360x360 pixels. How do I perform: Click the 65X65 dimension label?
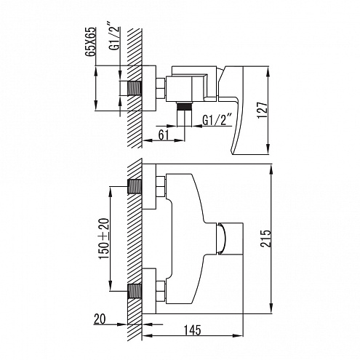coord(91,42)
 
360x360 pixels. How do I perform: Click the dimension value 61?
coord(164,135)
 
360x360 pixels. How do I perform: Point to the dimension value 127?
coord(263,110)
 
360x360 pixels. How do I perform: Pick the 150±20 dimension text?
coord(105,239)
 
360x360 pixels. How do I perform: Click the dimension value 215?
coord(265,239)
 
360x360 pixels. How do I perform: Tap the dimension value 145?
coord(193,330)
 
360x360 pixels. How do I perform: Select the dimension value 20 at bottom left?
coord(100,319)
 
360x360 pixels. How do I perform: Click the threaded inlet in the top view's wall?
coord(134,88)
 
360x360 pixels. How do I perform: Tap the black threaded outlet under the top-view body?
coord(184,106)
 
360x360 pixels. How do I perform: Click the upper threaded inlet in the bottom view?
coord(135,186)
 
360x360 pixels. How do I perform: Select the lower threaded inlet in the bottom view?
coord(135,291)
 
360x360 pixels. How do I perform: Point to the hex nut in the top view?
coord(161,88)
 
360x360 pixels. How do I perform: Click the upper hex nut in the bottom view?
coord(161,186)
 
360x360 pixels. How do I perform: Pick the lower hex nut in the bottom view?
coord(161,291)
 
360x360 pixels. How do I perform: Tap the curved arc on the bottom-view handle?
coord(225,239)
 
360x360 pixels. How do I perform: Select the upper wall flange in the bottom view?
coord(149,186)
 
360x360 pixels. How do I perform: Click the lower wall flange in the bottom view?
coord(149,291)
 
